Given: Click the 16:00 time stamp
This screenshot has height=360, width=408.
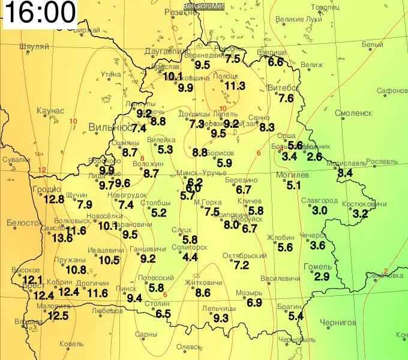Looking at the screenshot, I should click(x=40, y=12).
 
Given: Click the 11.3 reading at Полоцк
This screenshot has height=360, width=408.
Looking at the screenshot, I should click(x=235, y=86).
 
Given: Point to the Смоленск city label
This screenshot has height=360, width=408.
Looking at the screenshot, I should click(x=353, y=113).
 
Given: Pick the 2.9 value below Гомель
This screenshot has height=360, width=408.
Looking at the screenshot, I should click(x=322, y=277).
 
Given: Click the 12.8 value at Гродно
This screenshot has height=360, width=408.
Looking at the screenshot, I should click(x=53, y=200).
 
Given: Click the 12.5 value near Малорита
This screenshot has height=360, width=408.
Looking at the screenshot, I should click(x=58, y=316).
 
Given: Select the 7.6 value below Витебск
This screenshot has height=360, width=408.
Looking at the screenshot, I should click(x=286, y=98).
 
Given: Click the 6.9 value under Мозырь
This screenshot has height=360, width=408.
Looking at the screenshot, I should click(x=254, y=303).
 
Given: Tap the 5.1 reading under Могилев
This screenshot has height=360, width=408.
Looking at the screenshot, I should click(x=293, y=185).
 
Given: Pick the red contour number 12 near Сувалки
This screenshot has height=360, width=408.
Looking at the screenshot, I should click(x=42, y=170).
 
